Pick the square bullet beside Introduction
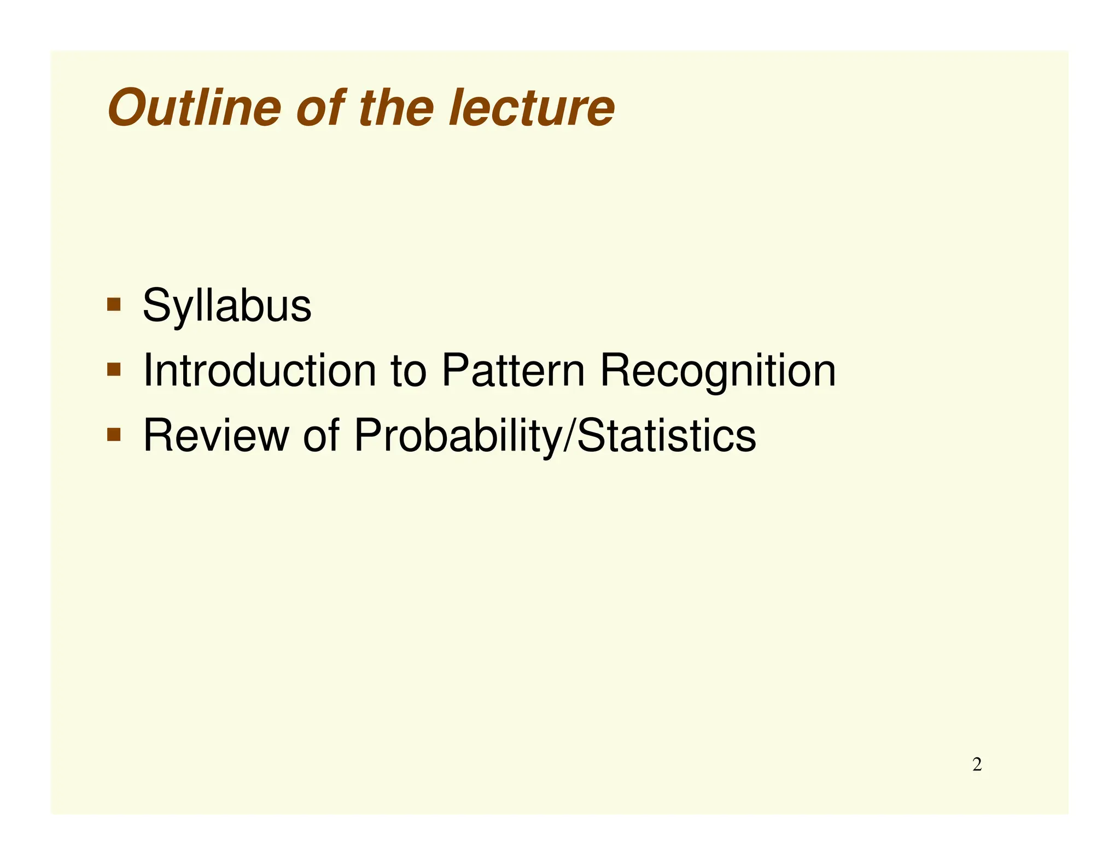114,370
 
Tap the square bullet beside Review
114,435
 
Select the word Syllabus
227,306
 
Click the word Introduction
260,371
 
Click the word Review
216,436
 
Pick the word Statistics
667,436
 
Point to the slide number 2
977,764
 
